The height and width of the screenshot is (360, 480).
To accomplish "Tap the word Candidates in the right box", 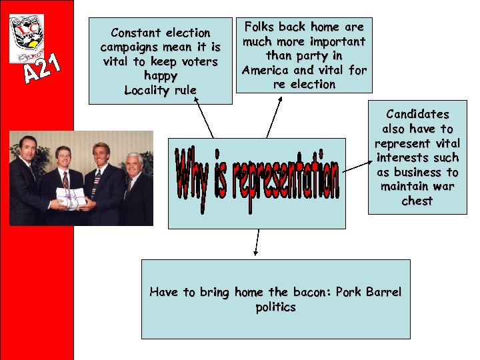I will click(417, 114).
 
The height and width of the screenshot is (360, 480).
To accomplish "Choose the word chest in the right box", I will click(417, 201).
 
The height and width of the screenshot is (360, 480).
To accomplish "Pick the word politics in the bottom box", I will click(275, 307).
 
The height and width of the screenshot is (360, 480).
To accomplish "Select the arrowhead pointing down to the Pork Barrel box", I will click(255, 253).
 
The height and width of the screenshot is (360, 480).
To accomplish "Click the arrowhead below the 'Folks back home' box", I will click(281, 99).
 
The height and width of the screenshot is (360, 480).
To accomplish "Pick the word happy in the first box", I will click(160, 76).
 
